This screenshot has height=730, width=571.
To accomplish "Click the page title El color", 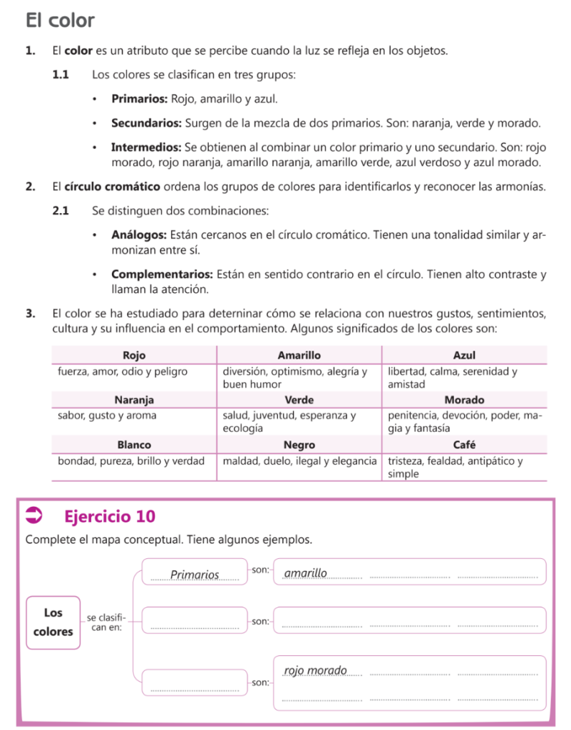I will click(60, 20).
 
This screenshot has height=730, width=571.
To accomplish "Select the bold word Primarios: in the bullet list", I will click(140, 99).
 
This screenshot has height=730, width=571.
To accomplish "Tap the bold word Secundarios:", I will click(146, 123).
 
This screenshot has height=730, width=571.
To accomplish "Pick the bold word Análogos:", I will click(139, 235).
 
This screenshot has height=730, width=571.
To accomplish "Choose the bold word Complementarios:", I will click(162, 274).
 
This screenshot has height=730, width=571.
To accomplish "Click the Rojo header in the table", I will click(134, 355).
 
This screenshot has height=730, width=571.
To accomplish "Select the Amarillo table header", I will click(299, 355).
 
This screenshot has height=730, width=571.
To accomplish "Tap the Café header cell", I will click(464, 445).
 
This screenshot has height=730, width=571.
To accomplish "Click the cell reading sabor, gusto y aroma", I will click(107, 415).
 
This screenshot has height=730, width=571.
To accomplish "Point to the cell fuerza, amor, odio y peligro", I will click(123, 371).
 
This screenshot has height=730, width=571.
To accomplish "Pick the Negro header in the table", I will click(299, 445).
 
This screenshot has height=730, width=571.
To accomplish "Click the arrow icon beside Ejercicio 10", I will click(34, 515).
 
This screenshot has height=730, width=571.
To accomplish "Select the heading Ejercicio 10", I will click(109, 515).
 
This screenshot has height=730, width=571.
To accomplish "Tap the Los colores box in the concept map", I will click(53, 622).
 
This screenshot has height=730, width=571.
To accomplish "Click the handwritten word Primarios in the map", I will click(195, 575).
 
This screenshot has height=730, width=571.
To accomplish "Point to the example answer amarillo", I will click(305, 573).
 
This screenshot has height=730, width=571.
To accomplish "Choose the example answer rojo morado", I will click(315, 671).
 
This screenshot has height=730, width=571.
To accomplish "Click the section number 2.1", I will click(61, 211).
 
